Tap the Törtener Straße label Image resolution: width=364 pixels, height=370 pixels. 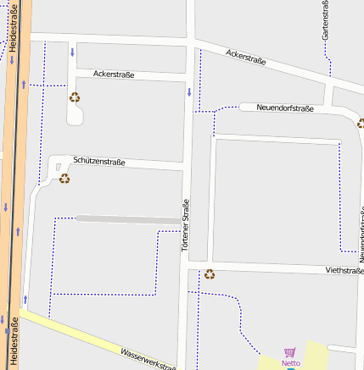click(185, 228)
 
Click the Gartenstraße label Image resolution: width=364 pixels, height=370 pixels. click(325, 20)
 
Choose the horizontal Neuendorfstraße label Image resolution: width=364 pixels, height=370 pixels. click(285, 108)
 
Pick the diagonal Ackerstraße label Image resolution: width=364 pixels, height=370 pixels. click(246, 57)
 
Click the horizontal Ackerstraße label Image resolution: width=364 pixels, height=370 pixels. click(114, 75)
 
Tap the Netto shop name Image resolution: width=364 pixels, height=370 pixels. click(291, 363)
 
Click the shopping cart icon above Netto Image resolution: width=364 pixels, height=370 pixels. click(289, 352)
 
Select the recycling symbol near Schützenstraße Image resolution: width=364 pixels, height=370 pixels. click(64, 178)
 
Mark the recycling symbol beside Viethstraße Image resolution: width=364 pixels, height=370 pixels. click(210, 273)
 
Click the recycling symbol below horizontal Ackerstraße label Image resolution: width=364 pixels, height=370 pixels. click(75, 97)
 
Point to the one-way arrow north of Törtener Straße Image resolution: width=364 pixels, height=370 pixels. click(188, 91)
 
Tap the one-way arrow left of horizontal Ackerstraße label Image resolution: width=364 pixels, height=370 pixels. click(72, 52)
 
